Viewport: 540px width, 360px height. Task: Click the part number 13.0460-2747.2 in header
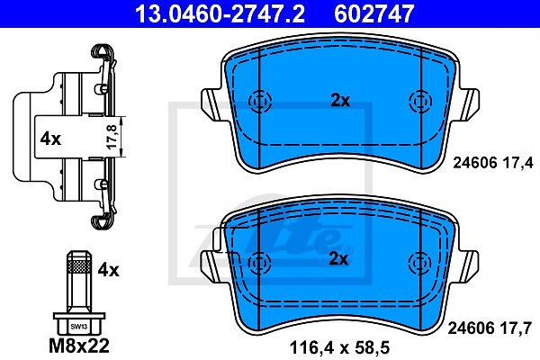[220, 13]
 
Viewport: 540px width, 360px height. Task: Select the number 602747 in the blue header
[373, 13]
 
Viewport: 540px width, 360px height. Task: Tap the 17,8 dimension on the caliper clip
[112, 137]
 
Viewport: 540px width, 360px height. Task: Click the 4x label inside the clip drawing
[50, 139]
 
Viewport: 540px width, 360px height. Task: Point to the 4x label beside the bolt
[109, 270]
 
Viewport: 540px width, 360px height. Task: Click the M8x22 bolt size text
[79, 346]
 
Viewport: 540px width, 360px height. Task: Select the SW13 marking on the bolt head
[79, 327]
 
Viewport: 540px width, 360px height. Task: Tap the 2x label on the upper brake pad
[340, 101]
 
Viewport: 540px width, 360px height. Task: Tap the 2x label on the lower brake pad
[339, 258]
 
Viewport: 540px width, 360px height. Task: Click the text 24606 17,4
[493, 162]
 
